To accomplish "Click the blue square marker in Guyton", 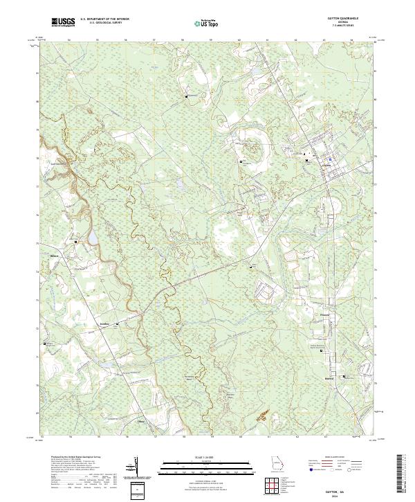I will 331,159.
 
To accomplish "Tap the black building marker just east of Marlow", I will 343,377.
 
